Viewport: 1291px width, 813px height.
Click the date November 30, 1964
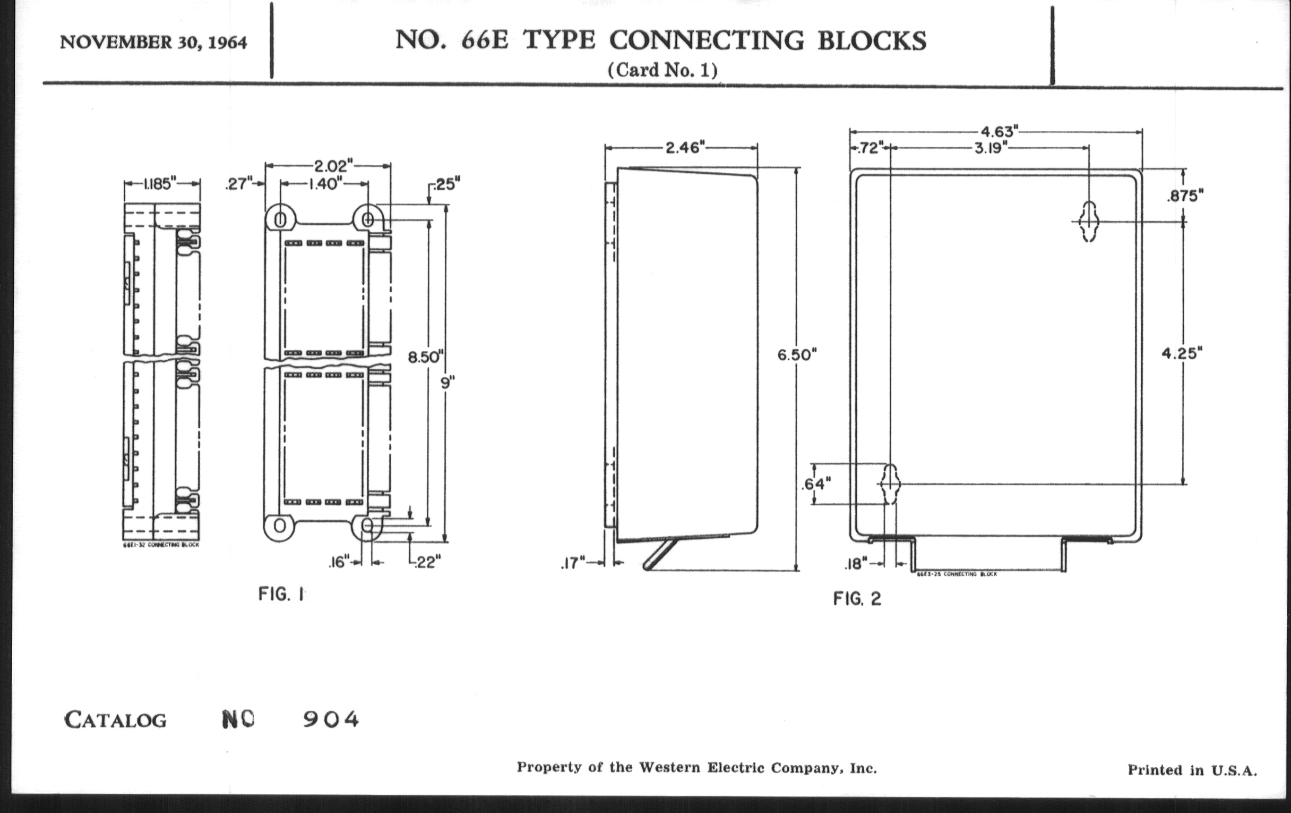pyautogui.click(x=153, y=43)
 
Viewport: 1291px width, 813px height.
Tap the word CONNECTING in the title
pyautogui.click(x=706, y=40)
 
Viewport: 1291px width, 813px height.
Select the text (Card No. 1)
pyautogui.click(x=662, y=70)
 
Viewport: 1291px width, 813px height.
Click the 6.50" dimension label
pyautogui.click(x=797, y=355)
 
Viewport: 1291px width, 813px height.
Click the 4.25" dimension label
pyautogui.click(x=1182, y=354)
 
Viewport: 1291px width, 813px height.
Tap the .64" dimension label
pyautogui.click(x=815, y=484)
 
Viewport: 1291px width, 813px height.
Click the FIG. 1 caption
pyautogui.click(x=281, y=594)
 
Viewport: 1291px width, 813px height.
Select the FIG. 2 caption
pyautogui.click(x=857, y=598)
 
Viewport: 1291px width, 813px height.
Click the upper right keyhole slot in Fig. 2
pyautogui.click(x=1089, y=221)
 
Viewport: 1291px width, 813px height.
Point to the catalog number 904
pyautogui.click(x=331, y=719)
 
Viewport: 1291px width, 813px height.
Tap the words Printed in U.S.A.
pyautogui.click(x=1192, y=770)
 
